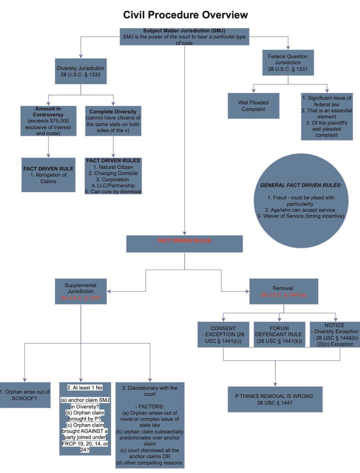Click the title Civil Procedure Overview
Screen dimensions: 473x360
pyautogui.click(x=185, y=15)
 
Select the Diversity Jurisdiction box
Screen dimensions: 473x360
pyautogui.click(x=81, y=71)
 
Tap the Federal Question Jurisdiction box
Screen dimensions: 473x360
pyautogui.click(x=288, y=63)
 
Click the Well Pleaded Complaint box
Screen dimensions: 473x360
pyautogui.click(x=253, y=106)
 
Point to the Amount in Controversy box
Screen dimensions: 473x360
pyautogui.click(x=48, y=121)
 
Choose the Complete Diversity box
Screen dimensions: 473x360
pyautogui.click(x=113, y=121)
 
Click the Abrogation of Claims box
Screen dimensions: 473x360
pyautogui.click(x=48, y=175)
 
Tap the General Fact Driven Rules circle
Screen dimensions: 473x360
pyautogui.click(x=301, y=201)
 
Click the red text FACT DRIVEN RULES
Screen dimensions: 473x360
pyautogui.click(x=184, y=241)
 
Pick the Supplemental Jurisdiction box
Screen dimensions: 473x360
pyautogui.click(x=81, y=291)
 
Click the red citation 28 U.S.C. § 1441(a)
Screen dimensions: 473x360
pyautogui.click(x=284, y=295)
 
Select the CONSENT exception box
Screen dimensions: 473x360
pyautogui.click(x=223, y=334)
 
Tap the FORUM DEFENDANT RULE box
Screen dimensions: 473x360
pyautogui.click(x=279, y=334)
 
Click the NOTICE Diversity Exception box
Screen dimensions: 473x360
pyautogui.click(x=335, y=334)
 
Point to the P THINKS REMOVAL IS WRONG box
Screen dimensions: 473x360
pyautogui.click(x=275, y=399)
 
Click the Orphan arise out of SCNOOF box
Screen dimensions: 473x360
pyautogui.click(x=25, y=395)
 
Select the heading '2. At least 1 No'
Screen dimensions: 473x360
pyautogui.click(x=85, y=388)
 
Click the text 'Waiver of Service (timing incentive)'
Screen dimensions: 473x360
pyautogui.click(x=303, y=216)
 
